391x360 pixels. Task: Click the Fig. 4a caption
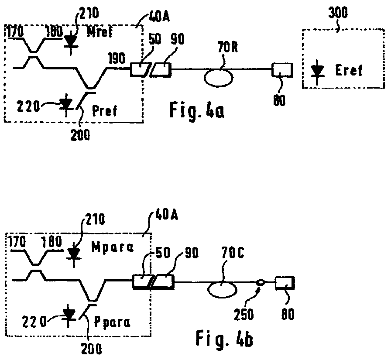pyautogui.click(x=197, y=110)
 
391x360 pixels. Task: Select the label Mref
pyautogui.click(x=100, y=32)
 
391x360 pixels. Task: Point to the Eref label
pyautogui.click(x=349, y=70)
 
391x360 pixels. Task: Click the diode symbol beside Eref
pyautogui.click(x=317, y=72)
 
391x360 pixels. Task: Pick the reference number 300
pyautogui.click(x=338, y=13)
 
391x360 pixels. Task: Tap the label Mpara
pyautogui.click(x=113, y=247)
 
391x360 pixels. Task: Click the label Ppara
pyautogui.click(x=112, y=322)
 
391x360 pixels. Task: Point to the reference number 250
pyautogui.click(x=244, y=314)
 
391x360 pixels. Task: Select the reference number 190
pyautogui.click(x=117, y=59)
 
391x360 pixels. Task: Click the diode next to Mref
pyautogui.click(x=71, y=42)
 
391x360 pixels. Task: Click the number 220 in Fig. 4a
pyautogui.click(x=28, y=106)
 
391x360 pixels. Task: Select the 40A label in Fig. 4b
pyautogui.click(x=166, y=214)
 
